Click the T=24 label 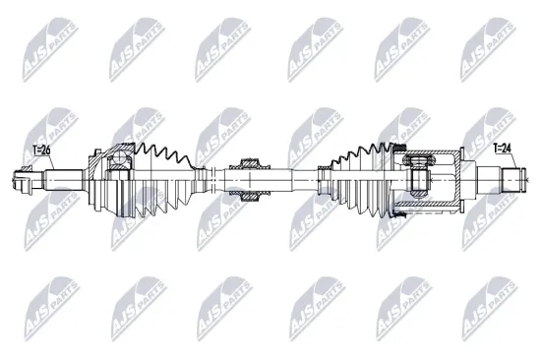click(501, 149)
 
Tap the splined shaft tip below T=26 click(23, 181)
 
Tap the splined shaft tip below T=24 click(512, 179)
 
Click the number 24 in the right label click(507, 149)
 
